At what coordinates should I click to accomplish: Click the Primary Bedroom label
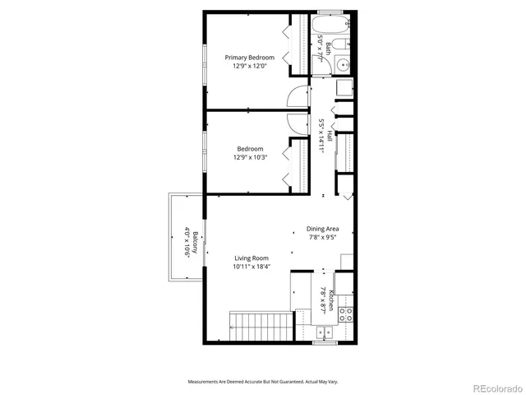[250, 58]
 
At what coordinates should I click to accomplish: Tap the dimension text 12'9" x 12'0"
[250, 67]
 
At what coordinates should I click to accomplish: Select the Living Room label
[251, 258]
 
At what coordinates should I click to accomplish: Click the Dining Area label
[323, 229]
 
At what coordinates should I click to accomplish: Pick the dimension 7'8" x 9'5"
[323, 237]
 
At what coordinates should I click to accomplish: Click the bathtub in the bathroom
[333, 24]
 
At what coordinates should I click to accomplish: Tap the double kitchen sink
[325, 332]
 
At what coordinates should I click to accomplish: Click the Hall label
[330, 136]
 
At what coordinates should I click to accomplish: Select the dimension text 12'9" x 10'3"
[250, 157]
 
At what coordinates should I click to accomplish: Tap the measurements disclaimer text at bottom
[263, 383]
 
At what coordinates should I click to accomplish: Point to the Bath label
[328, 46]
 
